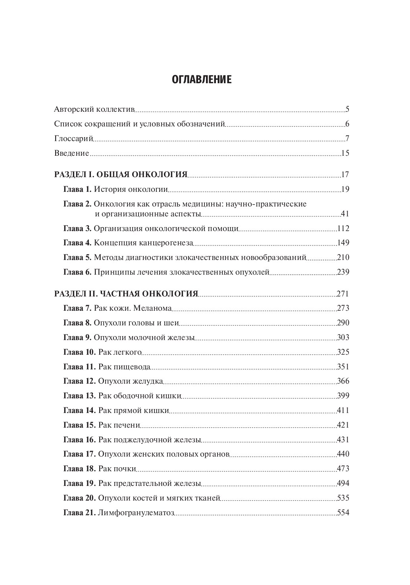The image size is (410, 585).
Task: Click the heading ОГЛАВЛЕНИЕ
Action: pyautogui.click(x=202, y=80)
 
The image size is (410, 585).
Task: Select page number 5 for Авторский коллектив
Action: pyautogui.click(x=347, y=109)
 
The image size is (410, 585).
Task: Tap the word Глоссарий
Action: pyautogui.click(x=73, y=139)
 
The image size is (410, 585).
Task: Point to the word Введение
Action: pyautogui.click(x=71, y=153)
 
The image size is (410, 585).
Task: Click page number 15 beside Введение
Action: pyautogui.click(x=345, y=153)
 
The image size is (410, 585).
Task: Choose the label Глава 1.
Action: pyautogui.click(x=77, y=189)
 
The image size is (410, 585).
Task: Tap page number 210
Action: pyautogui.click(x=343, y=258)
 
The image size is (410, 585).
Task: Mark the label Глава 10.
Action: pyautogui.click(x=79, y=352)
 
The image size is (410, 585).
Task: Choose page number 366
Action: pyautogui.click(x=343, y=381)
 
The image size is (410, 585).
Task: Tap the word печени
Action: pyautogui.click(x=127, y=425)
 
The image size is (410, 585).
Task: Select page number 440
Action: pyautogui.click(x=343, y=454)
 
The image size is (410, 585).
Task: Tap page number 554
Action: pyautogui.click(x=343, y=512)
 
